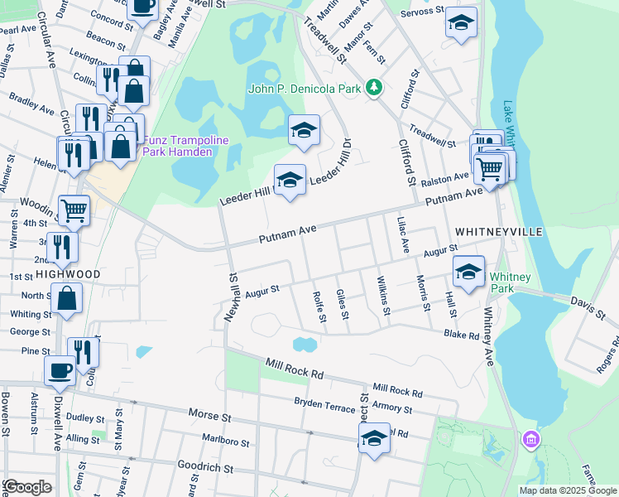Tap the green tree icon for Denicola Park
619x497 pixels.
(374, 87)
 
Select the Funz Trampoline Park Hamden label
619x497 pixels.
(185, 146)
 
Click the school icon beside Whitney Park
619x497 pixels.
(468, 273)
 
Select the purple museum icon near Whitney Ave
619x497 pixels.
(529, 437)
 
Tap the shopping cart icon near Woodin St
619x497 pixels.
(74, 210)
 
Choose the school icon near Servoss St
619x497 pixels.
(461, 22)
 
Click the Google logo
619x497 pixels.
(27, 487)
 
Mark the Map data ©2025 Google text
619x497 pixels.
(569, 490)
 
